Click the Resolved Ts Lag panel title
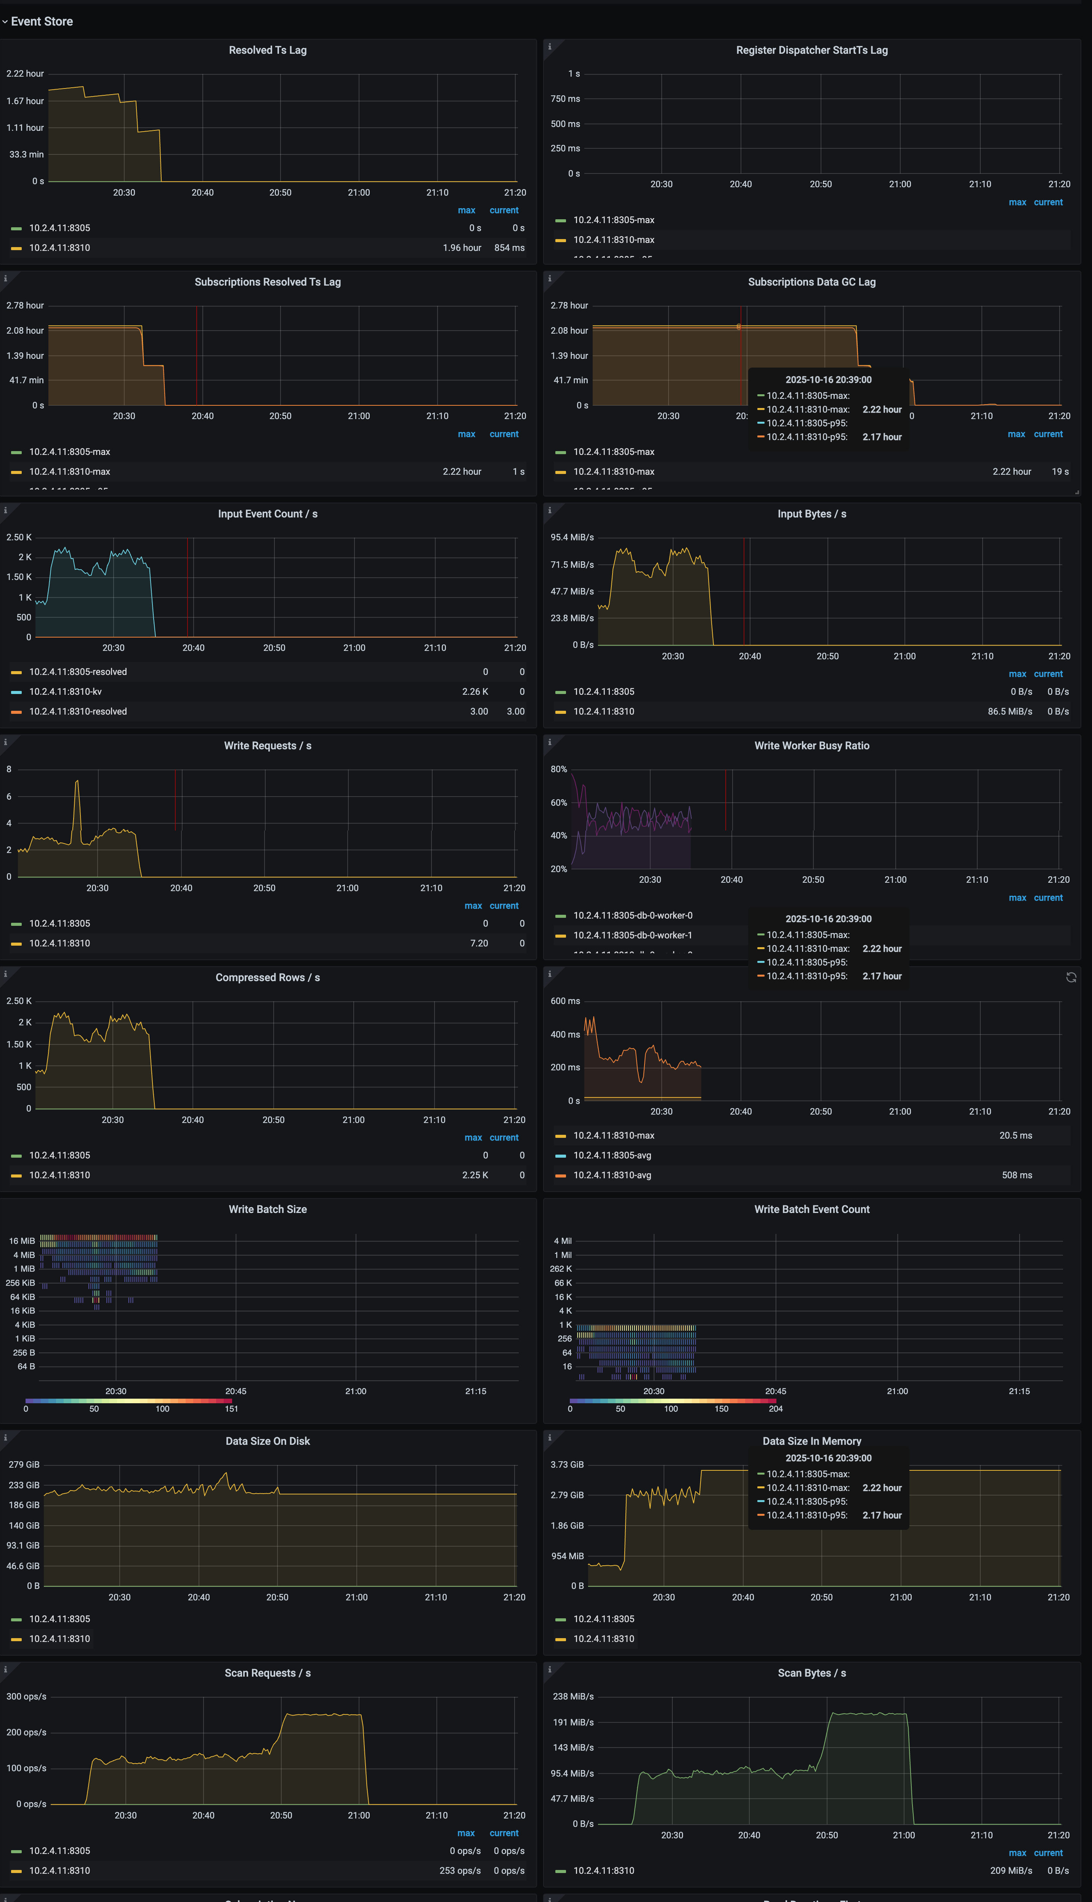268,50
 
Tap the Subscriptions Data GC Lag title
811,282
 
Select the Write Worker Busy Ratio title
811,746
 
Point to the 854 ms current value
509,247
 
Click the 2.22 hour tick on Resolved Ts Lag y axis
25,74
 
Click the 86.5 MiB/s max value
1010,711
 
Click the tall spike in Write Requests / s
77,782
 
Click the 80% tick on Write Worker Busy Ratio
559,769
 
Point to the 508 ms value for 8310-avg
1016,1175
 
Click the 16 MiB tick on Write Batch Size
22,1241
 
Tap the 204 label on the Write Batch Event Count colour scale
776,1409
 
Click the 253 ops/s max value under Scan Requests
460,1870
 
